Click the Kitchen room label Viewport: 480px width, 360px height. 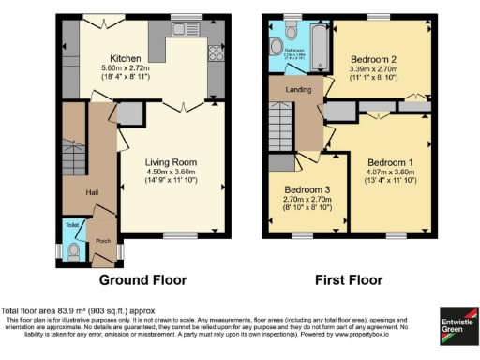click(x=125, y=56)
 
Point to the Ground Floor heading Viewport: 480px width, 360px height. click(x=143, y=279)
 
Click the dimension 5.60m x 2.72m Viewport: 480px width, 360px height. click(x=125, y=67)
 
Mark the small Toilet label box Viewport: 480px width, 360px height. click(x=72, y=225)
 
